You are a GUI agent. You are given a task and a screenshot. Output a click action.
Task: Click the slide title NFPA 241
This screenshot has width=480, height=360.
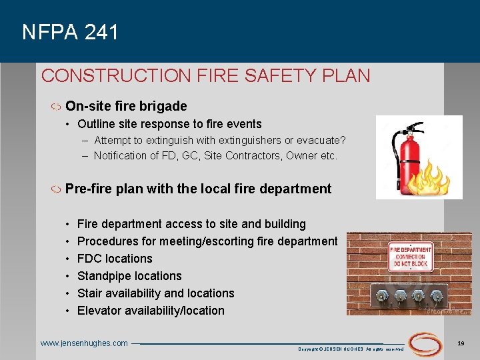coord(70,32)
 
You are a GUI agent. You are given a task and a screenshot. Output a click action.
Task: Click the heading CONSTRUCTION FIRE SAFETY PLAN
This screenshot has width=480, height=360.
coord(205,75)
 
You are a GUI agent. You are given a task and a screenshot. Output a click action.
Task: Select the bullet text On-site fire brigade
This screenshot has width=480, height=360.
coord(126,106)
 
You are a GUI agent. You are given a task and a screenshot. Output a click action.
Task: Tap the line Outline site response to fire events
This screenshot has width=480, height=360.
coord(169,124)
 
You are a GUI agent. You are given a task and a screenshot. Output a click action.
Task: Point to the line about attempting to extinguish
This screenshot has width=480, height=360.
coord(219,140)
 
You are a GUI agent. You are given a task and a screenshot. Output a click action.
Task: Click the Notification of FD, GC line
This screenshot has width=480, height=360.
coord(215,156)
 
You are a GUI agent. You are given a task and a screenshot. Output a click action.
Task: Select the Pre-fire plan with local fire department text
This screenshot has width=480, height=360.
coord(198,189)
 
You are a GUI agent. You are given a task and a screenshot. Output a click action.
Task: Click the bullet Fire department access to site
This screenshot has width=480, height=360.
coord(191,224)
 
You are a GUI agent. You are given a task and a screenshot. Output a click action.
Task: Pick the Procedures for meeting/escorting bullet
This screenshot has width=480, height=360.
coord(207,241)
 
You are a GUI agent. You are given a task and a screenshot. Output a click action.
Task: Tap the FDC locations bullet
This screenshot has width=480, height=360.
coord(115,259)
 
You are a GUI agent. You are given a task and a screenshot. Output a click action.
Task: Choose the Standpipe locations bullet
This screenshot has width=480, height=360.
coord(129,276)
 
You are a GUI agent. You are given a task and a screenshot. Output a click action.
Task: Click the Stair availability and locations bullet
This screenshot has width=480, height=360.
coord(156,293)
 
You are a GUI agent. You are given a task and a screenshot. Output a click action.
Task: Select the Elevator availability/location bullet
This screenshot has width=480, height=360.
coord(151,311)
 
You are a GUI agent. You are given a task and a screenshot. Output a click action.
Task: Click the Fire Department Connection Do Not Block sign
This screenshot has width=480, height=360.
coord(411,257)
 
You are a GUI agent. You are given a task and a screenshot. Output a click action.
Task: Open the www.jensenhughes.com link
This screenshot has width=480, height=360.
coord(84,343)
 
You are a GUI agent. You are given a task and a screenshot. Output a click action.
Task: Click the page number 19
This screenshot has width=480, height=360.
coord(461,343)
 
